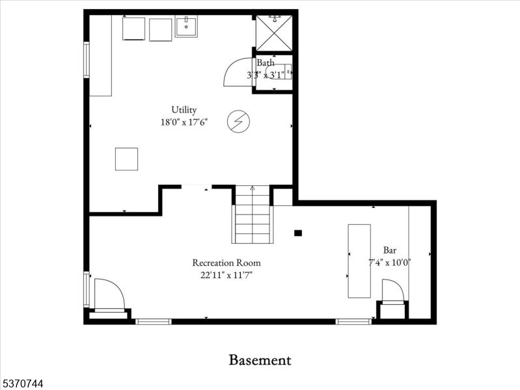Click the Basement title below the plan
coord(260,360)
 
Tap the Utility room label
coord(184,110)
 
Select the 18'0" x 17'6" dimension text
coord(184,122)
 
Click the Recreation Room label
coord(226,263)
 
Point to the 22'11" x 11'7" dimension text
coord(226,275)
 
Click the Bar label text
coord(390,250)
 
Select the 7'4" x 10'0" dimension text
coord(390,263)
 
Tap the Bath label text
coord(265,63)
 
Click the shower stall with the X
coord(273,32)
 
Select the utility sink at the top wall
coord(186,27)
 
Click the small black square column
coord(298,233)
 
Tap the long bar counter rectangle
coord(359,261)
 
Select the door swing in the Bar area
coord(392,291)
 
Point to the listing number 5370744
coord(22,384)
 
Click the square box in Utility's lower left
coord(126,159)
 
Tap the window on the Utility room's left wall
coord(86,60)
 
